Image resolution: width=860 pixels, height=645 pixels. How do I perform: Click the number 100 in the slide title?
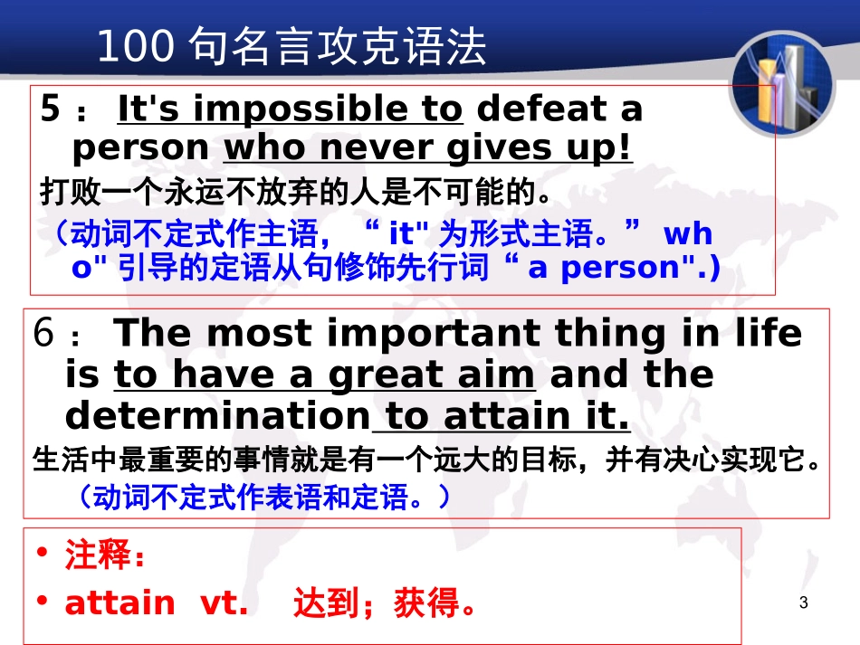[x=132, y=47]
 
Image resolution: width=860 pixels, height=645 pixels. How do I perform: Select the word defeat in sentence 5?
[x=529, y=109]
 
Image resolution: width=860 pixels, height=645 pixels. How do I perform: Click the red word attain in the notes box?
[x=119, y=602]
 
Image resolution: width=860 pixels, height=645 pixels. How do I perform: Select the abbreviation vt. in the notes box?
[x=223, y=602]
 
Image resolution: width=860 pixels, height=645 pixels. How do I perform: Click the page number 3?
[x=804, y=603]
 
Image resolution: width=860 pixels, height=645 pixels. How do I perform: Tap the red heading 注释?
[x=98, y=555]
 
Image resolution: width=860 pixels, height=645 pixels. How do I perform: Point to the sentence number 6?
[x=45, y=334]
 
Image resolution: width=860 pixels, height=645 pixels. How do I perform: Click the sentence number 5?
[x=51, y=109]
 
